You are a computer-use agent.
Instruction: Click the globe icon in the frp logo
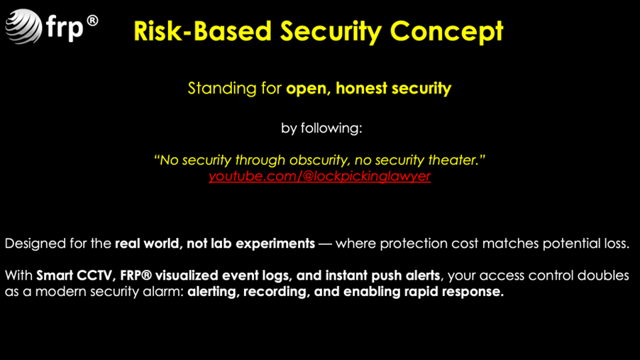pyautogui.click(x=23, y=26)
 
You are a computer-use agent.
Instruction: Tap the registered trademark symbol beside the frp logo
pyautogui.click(x=93, y=21)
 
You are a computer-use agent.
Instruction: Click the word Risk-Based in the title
pyautogui.click(x=202, y=31)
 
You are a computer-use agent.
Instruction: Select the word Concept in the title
pyautogui.click(x=446, y=32)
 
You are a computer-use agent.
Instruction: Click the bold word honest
pyautogui.click(x=361, y=88)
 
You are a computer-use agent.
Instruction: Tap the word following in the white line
pyautogui.click(x=331, y=129)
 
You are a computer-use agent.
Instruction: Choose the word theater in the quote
pyautogui.click(x=453, y=160)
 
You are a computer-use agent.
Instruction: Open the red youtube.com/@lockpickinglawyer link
pyautogui.click(x=319, y=176)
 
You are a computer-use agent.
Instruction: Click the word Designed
pyautogui.click(x=35, y=244)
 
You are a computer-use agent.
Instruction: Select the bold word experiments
pyautogui.click(x=275, y=244)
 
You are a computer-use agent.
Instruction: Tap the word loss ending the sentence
pyautogui.click(x=617, y=244)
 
